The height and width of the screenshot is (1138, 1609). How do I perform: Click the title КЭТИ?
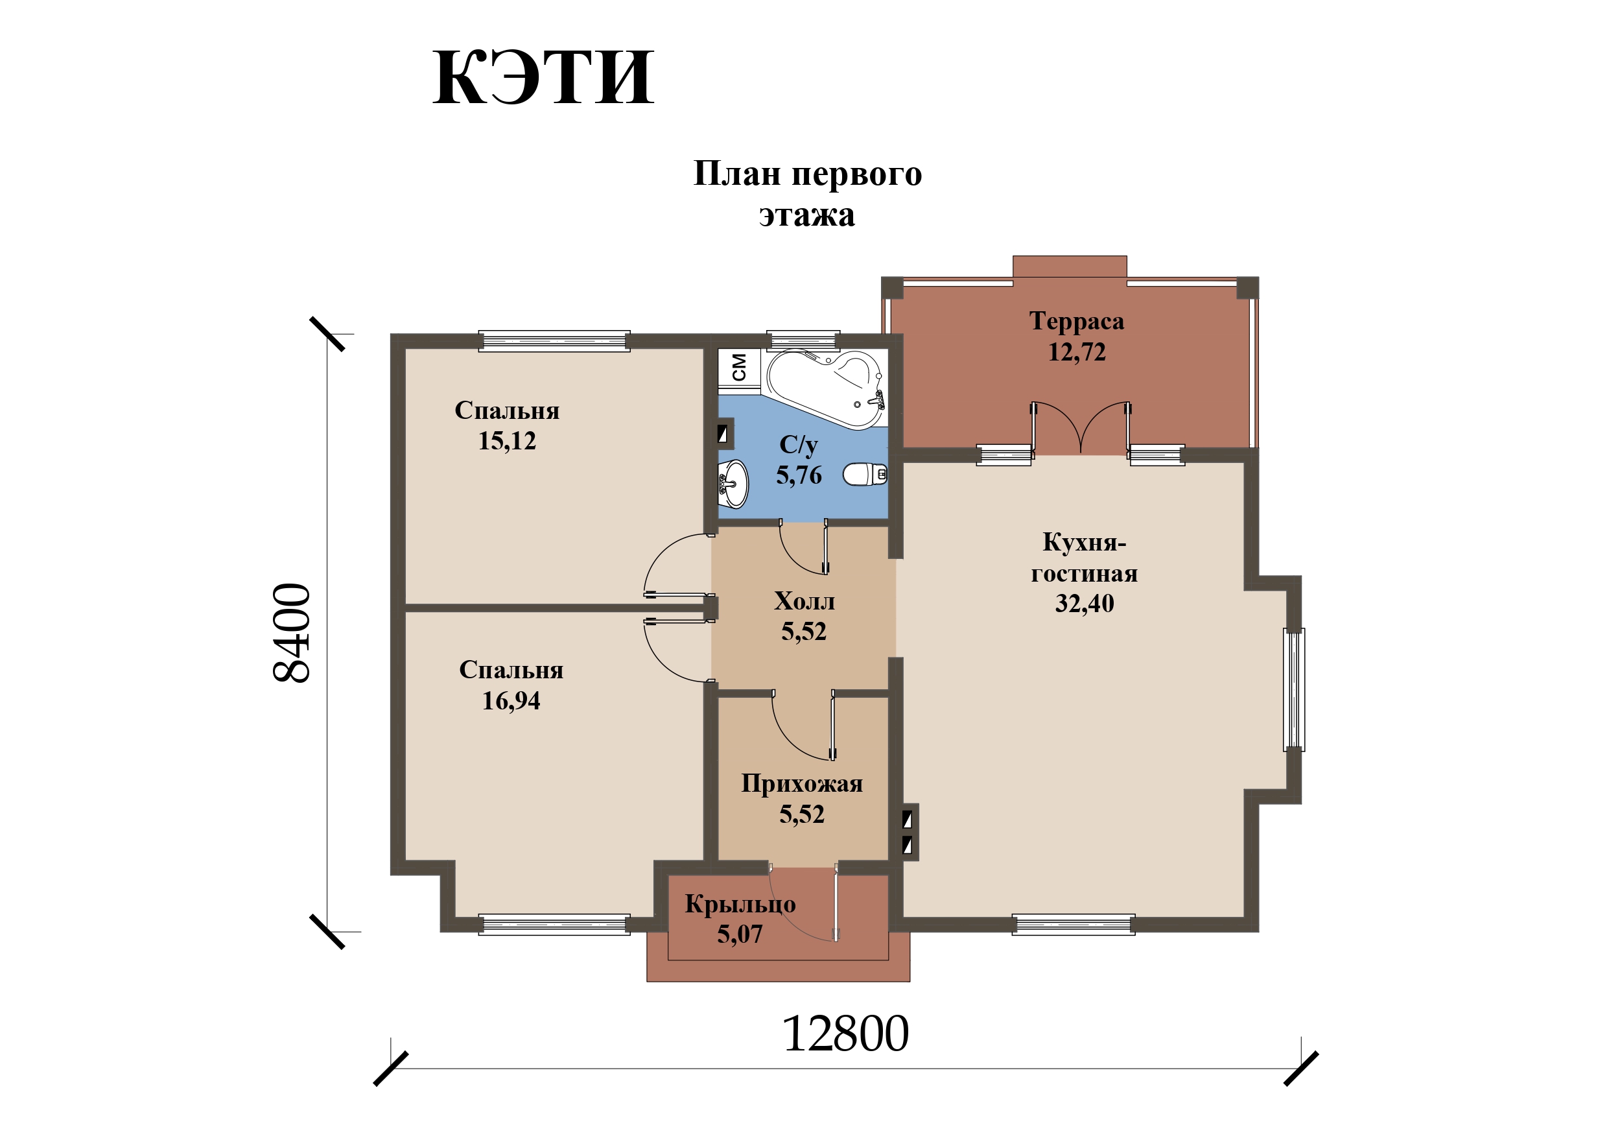(543, 78)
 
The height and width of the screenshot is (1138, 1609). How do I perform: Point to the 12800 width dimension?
(845, 1035)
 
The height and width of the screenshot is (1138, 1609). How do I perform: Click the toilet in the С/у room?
(865, 475)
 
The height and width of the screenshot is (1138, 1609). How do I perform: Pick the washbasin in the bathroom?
(733, 484)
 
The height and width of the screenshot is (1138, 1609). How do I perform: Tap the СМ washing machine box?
(739, 367)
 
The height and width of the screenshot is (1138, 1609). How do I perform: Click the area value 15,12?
(507, 441)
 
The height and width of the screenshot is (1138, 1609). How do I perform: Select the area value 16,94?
(511, 700)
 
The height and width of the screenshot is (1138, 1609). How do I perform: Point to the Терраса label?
(1076, 321)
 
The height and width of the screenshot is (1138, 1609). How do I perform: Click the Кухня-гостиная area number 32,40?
(1084, 604)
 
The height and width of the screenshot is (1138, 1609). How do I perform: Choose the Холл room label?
(804, 601)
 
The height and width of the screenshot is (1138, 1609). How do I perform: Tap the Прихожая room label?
(802, 783)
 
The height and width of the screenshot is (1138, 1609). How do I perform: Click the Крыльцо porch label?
(740, 904)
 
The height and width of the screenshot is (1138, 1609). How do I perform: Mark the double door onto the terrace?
(1081, 428)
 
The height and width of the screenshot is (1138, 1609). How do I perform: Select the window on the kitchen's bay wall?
(1294, 690)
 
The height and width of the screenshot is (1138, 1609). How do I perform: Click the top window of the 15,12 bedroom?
(554, 342)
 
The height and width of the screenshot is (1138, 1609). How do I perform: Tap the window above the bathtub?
(803, 341)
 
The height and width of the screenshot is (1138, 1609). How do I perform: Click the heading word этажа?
(806, 215)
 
